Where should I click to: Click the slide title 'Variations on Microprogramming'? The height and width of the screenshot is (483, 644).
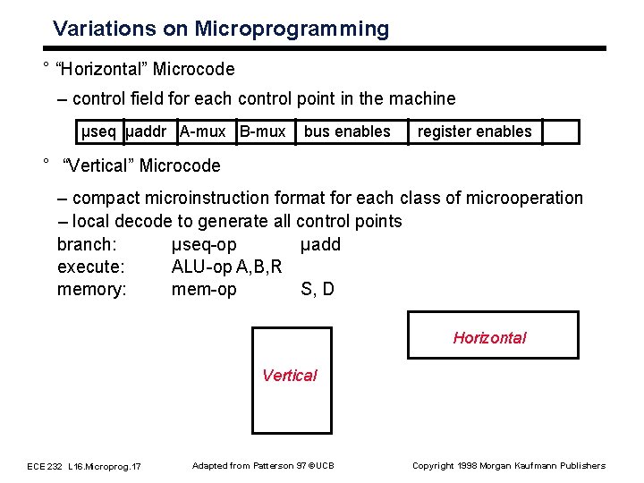(x=221, y=29)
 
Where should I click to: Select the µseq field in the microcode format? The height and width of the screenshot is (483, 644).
(x=98, y=131)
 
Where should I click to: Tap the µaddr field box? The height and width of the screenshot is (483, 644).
(x=148, y=131)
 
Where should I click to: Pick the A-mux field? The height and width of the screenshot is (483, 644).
(x=203, y=131)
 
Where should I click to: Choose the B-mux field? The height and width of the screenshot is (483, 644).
(x=262, y=131)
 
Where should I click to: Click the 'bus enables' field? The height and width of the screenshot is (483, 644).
(x=347, y=131)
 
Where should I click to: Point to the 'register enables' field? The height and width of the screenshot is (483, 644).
(x=474, y=131)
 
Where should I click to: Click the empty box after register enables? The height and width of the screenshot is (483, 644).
(x=561, y=131)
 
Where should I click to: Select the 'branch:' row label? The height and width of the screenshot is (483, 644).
(x=87, y=244)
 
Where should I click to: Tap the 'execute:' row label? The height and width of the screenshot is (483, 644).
(x=90, y=267)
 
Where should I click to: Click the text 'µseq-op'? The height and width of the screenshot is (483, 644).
(x=204, y=244)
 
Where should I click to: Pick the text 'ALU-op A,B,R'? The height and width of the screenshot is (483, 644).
(x=226, y=267)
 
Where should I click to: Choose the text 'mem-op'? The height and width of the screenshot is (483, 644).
(x=204, y=289)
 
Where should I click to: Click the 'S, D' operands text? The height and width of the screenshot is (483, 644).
(x=318, y=289)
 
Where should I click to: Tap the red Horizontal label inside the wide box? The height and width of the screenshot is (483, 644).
(x=489, y=337)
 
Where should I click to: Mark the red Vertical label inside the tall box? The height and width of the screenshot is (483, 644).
(x=289, y=375)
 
